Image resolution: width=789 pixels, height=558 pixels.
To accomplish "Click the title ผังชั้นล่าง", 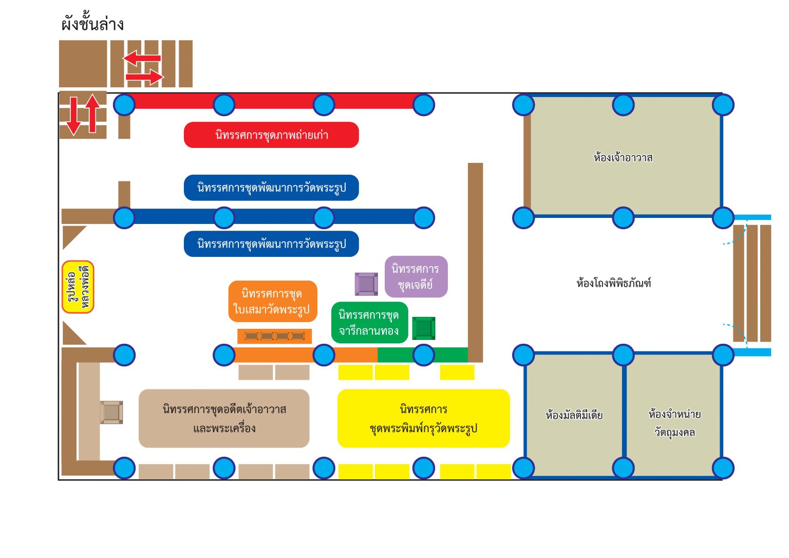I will pos(92,24).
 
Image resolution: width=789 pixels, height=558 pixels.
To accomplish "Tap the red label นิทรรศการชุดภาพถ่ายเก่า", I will pos(271,135).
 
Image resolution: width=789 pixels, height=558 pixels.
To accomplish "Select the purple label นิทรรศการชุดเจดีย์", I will pos(416,276).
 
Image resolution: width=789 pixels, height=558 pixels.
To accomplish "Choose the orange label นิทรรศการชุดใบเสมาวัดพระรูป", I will pos(272,302).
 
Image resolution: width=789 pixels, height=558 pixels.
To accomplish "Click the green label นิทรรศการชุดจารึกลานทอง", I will pos(369,323).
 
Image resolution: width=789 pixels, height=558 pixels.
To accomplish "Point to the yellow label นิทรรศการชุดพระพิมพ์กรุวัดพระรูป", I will pos(423,418).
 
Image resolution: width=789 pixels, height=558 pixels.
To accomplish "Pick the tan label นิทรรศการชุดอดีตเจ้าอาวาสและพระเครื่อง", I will pos(224,418).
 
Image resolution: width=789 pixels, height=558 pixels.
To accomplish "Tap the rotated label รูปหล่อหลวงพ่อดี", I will pos(78,287).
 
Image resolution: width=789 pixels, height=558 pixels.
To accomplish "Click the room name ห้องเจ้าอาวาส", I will pos(623,158).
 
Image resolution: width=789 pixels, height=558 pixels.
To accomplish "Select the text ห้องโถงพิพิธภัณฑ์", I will pos(613,283).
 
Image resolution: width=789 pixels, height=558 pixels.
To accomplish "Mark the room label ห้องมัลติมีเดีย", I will pos(574,415).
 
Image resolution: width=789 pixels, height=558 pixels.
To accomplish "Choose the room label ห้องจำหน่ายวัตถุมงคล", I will pos(674,423).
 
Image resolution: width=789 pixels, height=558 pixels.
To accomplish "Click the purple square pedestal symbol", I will pos(366,284).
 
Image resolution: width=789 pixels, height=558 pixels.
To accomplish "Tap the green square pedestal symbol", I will pos(424,328).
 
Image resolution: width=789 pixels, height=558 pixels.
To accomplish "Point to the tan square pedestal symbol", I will pos(111,413).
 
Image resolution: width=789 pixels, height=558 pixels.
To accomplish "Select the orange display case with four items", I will pos(274,336).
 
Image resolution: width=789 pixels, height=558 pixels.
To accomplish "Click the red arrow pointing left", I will pos(142,58).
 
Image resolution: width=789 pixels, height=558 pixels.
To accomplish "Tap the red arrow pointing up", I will pos(92,113).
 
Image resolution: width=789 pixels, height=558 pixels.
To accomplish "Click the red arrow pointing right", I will pos(144,77).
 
